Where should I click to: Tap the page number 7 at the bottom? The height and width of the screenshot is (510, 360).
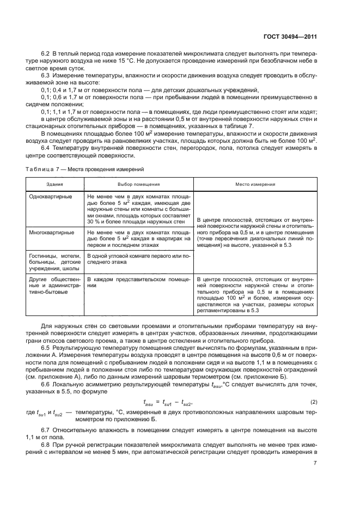[x=315, y=463]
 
